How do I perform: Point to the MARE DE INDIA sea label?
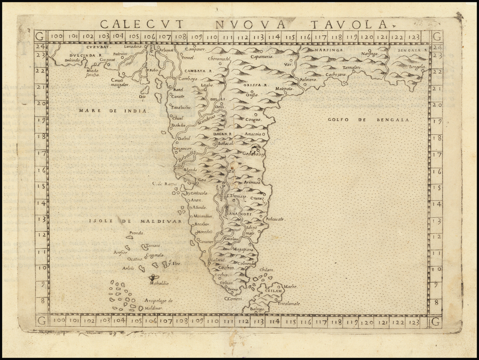tap(113, 111)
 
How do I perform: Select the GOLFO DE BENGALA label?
tap(369, 120)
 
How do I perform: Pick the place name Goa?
tap(202, 180)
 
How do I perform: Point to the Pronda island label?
tap(137, 233)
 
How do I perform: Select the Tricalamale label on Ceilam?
tap(289, 303)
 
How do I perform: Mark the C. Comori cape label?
tap(232, 299)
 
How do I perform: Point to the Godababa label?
tap(253, 154)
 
